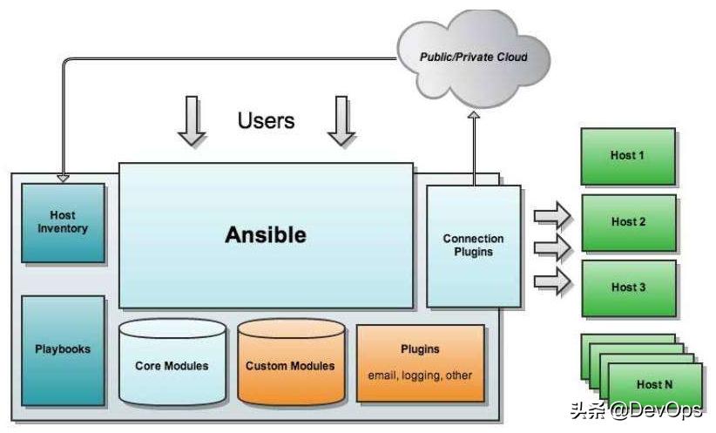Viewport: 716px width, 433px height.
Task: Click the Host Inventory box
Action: [63, 222]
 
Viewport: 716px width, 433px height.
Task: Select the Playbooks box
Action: [63, 349]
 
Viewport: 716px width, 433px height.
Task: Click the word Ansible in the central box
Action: [266, 234]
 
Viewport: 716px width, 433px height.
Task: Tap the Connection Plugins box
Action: [473, 245]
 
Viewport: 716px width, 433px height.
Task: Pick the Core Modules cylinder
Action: [172, 364]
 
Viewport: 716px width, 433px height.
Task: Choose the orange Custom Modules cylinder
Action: [290, 364]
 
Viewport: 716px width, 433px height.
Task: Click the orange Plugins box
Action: [420, 362]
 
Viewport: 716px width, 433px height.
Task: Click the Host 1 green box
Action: [628, 156]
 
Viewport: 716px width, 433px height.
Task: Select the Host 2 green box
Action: [628, 222]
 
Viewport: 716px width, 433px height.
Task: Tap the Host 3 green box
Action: [628, 288]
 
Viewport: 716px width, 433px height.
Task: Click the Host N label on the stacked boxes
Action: [655, 384]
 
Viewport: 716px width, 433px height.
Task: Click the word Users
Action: [266, 120]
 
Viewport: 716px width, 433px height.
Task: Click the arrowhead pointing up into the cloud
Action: [474, 117]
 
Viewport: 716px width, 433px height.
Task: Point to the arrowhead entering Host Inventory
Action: [63, 177]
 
